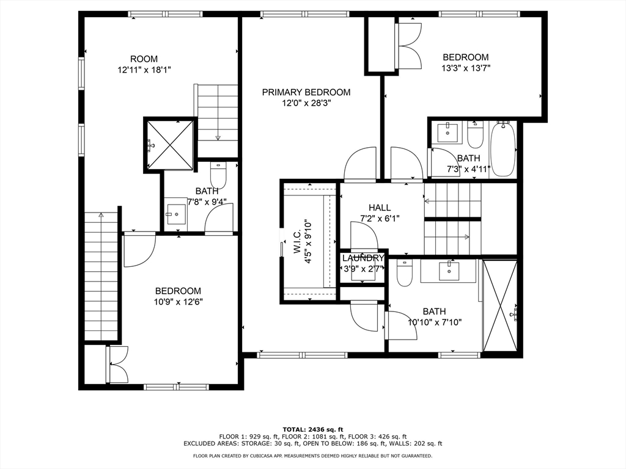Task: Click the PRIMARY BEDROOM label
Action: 306,92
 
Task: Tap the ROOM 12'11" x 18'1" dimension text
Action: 144,70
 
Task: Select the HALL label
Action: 380,208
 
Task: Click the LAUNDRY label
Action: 363,258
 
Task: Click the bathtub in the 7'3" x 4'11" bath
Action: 503,150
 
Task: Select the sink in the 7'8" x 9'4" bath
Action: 176,216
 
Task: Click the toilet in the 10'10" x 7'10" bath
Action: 405,273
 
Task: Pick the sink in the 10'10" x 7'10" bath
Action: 449,271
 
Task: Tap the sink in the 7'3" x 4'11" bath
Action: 447,133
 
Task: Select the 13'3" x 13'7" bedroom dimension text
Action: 466,68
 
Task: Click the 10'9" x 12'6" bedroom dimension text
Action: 179,302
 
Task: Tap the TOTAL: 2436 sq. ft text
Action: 313,429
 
